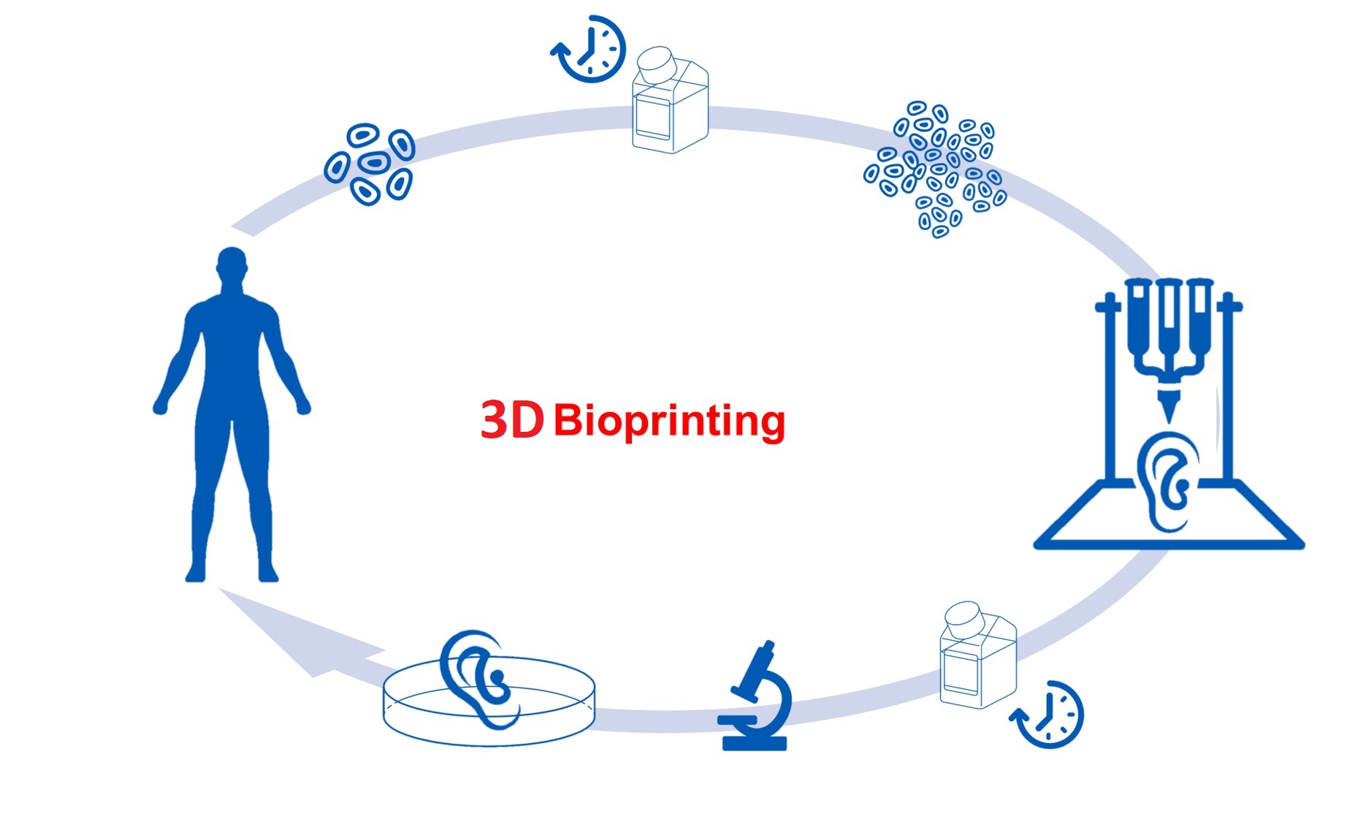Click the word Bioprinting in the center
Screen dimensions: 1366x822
point(669,421)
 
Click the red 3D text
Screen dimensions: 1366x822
point(512,420)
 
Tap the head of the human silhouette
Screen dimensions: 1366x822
point(232,265)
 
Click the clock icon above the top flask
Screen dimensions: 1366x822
point(589,49)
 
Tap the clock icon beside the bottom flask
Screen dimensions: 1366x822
point(1048,715)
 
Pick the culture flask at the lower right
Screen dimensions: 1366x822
point(978,655)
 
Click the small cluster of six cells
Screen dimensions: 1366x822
point(370,164)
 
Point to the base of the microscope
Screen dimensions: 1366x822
point(755,743)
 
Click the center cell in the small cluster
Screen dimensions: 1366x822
point(374,162)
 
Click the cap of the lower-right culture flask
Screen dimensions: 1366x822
point(964,618)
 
